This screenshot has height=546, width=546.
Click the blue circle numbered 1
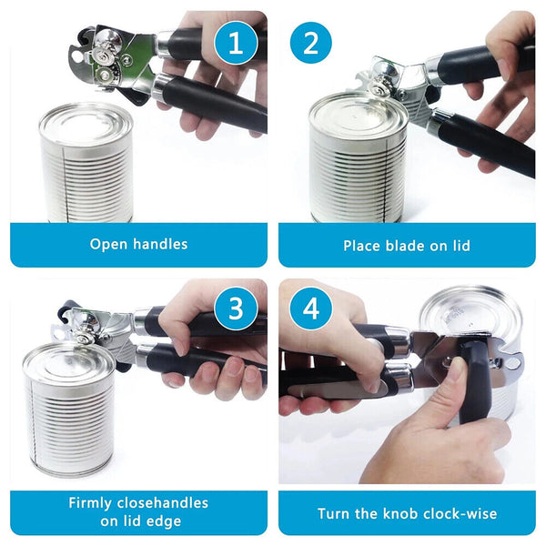pyautogui.click(x=237, y=44)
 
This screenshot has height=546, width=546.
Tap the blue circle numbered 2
pyautogui.click(x=311, y=44)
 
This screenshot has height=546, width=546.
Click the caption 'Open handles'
pyautogui.click(x=138, y=244)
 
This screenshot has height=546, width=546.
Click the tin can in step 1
pyautogui.click(x=86, y=164)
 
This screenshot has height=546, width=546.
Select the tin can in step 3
pyautogui.click(x=68, y=409)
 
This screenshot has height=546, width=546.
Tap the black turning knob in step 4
pyautogui.click(x=473, y=382)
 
